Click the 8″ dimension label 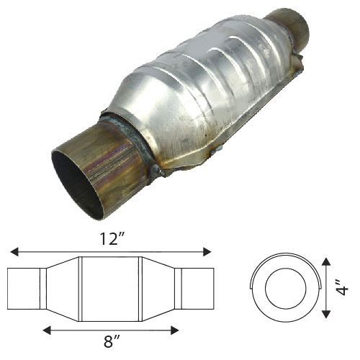coord(112,341)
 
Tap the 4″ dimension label coord(341,287)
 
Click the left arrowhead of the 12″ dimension coord(14,252)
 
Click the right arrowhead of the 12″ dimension coord(207,252)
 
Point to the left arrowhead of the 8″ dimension coord(47,330)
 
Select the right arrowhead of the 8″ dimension coord(174,330)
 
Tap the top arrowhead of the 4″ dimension coord(325,261)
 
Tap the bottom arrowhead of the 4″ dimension coord(325,314)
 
